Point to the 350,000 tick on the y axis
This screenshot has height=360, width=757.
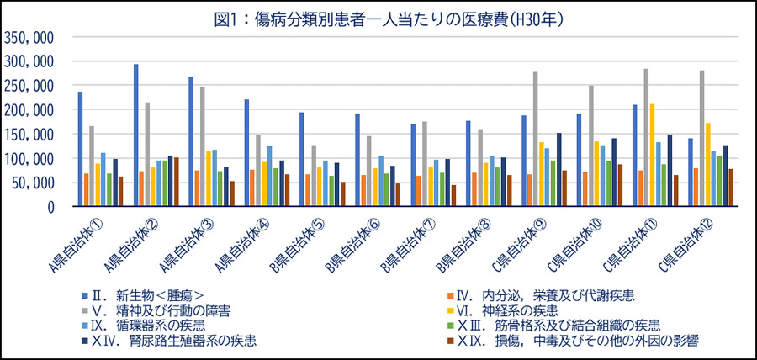(x=29, y=37)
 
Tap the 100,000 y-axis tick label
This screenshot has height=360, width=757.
(x=29, y=158)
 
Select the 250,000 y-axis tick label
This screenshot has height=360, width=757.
(x=29, y=86)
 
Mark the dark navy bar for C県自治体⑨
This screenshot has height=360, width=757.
(x=558, y=169)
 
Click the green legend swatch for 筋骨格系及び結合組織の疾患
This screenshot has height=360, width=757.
(x=450, y=326)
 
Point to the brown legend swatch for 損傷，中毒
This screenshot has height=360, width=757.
(x=450, y=341)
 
